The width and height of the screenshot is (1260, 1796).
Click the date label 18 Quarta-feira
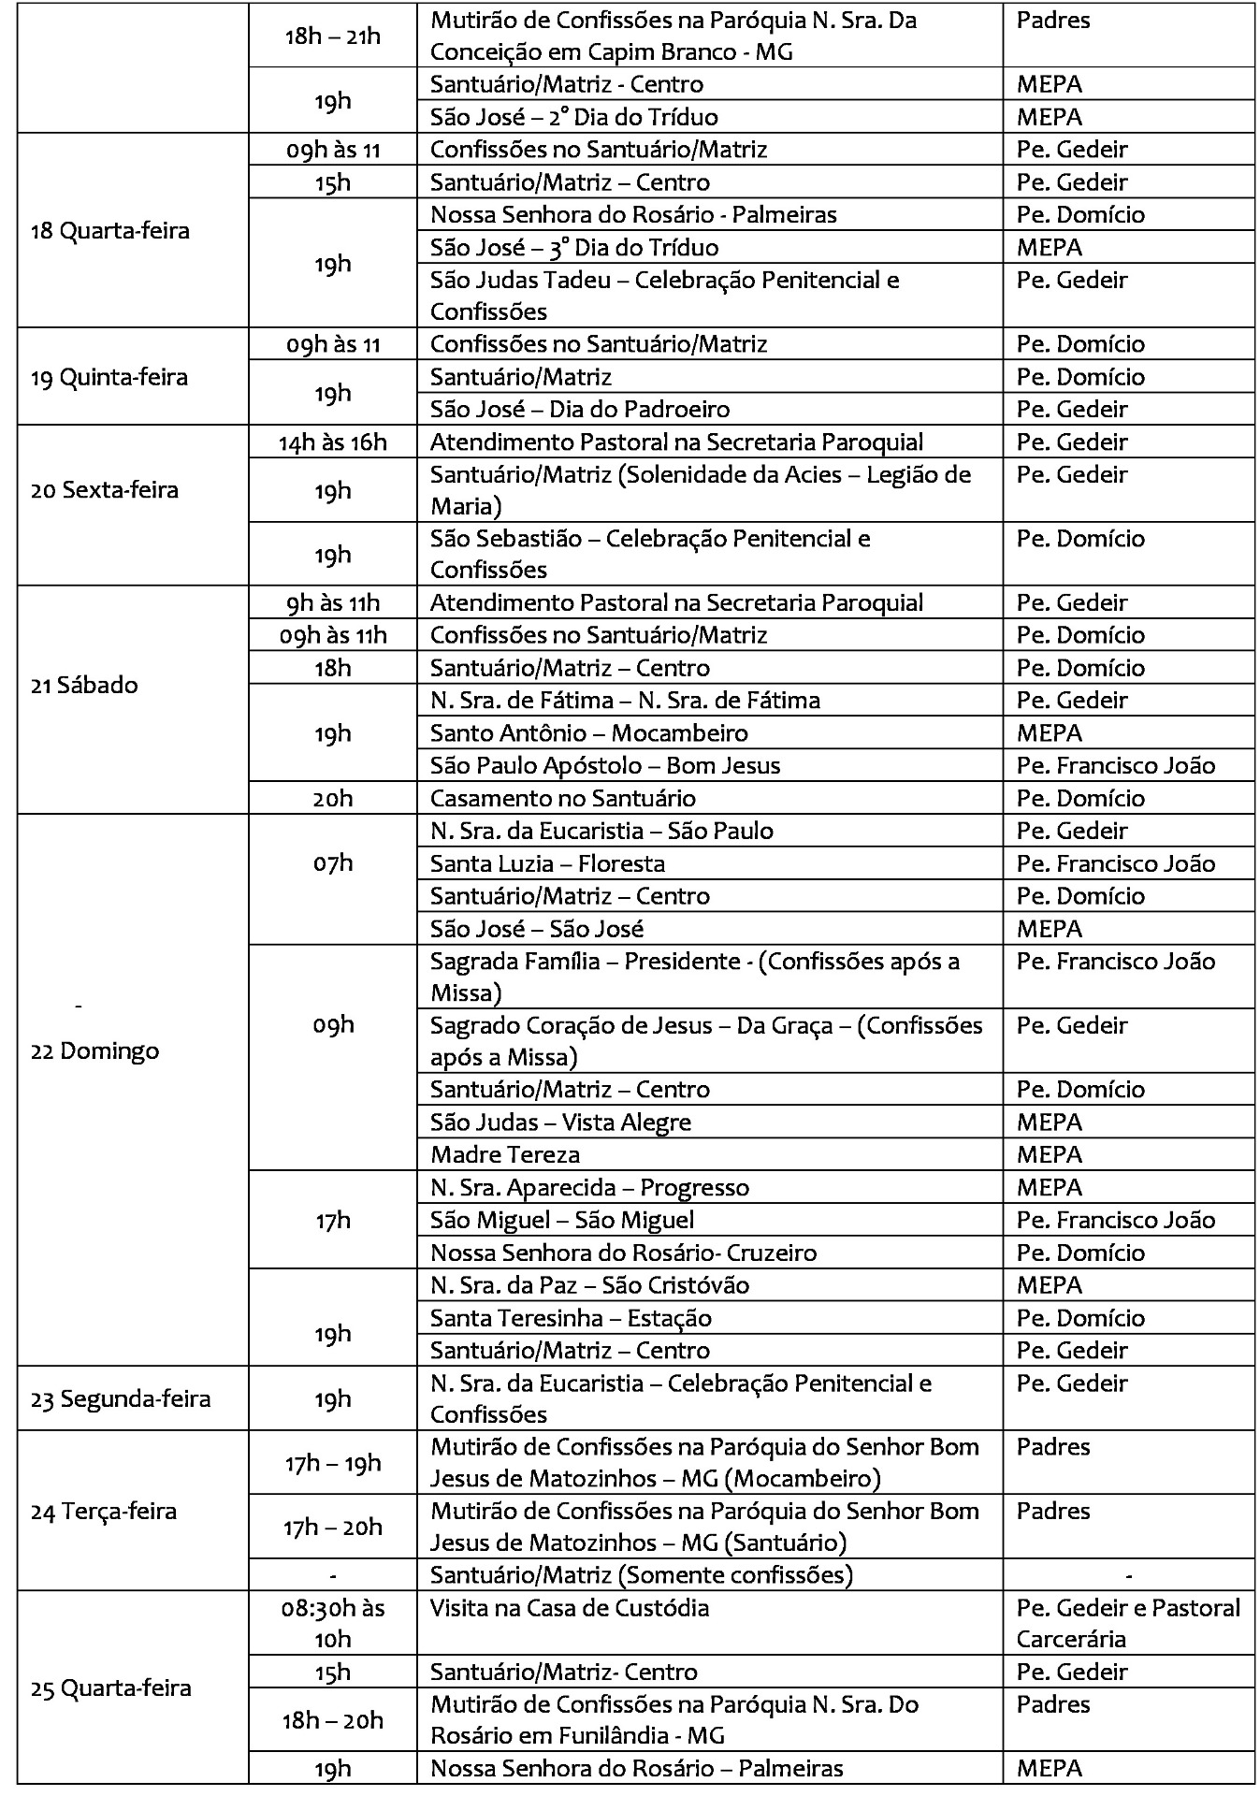coord(110,231)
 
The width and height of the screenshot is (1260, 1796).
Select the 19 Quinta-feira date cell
coord(109,377)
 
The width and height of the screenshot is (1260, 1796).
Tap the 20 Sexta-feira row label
coord(105,489)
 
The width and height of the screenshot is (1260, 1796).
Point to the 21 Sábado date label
coord(84,685)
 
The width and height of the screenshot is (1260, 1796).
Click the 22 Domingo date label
coord(95,1050)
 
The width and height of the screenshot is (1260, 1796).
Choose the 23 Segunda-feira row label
coord(121,1398)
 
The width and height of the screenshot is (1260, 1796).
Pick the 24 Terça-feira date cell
coord(104,1511)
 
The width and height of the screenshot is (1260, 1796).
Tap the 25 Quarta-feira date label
coord(110,1687)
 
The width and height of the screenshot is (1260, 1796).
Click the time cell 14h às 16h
coord(332,442)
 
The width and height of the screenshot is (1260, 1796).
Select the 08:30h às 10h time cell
coord(332,1623)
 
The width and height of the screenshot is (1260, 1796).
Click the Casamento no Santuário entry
coord(563,798)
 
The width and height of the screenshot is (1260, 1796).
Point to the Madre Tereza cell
coord(505,1154)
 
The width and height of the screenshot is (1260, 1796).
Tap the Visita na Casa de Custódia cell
coord(570,1608)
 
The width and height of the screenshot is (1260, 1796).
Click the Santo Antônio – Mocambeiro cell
coord(589,732)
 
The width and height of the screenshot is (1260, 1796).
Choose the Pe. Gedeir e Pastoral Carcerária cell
coord(1127,1623)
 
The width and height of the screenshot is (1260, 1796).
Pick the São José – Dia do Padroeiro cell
coord(580,409)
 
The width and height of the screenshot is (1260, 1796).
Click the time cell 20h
coord(332,798)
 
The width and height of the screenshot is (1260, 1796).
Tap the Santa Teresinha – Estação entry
coord(571,1317)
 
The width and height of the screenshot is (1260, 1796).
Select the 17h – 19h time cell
coord(332,1463)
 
